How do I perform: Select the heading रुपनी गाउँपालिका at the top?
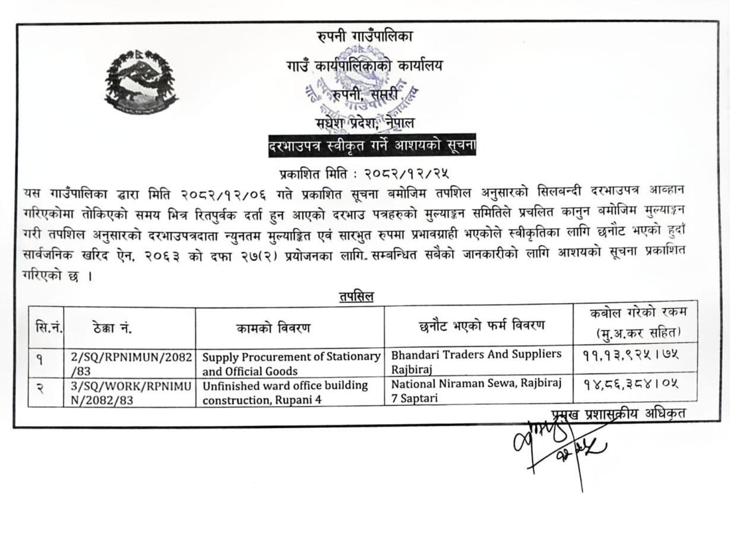click(x=365, y=36)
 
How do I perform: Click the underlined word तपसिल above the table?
click(x=356, y=297)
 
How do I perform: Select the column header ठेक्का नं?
click(x=113, y=327)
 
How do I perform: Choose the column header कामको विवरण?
click(x=273, y=328)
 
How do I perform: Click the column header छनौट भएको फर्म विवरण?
click(x=481, y=325)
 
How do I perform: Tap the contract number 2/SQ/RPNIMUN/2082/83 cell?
click(x=130, y=364)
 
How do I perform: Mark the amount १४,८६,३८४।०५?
click(x=630, y=383)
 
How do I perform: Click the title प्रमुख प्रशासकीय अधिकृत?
click(x=618, y=414)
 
